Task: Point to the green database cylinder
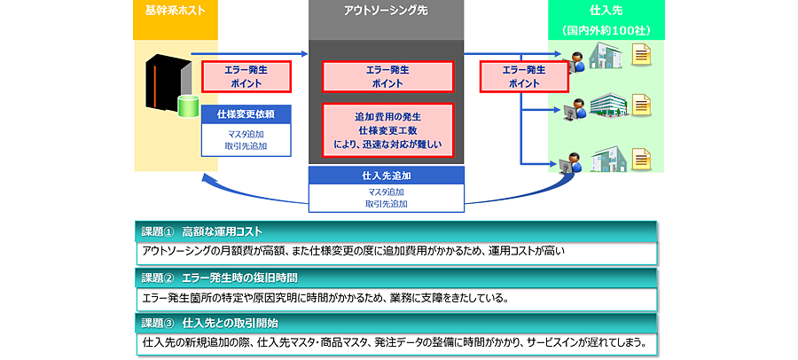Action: [x=188, y=107]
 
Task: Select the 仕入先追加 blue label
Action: [x=385, y=175]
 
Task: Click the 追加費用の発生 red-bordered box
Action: [x=387, y=129]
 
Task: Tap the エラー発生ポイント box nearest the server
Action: [x=239, y=76]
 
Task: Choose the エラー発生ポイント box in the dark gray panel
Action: [x=387, y=76]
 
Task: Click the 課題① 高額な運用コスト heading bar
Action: [x=395, y=231]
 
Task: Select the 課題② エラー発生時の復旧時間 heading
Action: [x=395, y=278]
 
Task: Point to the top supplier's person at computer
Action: [x=575, y=64]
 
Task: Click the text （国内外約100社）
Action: [x=606, y=30]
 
